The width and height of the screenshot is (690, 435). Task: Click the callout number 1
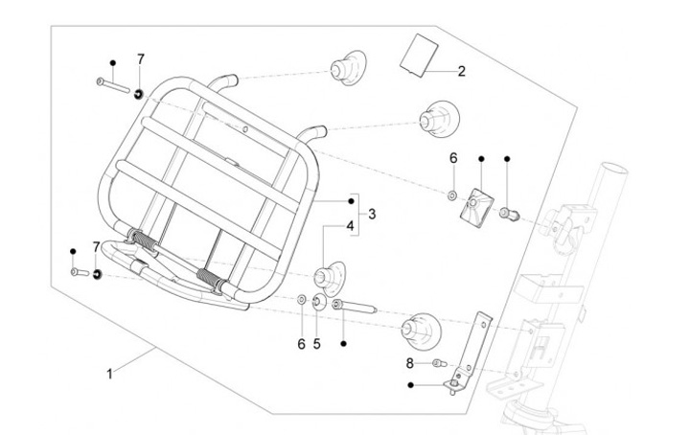coord(109,375)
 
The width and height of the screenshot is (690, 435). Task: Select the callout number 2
coord(461,71)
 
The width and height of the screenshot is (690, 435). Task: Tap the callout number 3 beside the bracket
coord(372,215)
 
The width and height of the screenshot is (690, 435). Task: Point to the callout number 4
coord(350,226)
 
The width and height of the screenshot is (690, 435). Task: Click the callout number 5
coord(317,344)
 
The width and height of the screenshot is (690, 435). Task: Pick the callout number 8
coord(410,363)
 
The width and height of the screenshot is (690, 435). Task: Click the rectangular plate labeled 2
coord(419,55)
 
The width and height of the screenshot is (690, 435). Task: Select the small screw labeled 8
coord(440,363)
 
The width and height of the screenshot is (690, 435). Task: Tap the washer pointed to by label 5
coord(318,302)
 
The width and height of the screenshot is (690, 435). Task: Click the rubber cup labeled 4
coord(329,278)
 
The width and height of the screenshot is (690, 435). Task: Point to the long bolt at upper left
coord(113,85)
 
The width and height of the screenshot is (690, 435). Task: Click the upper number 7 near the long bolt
coord(140,59)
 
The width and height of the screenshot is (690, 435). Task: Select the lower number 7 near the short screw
coord(96,247)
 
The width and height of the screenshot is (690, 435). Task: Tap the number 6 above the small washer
coord(453,158)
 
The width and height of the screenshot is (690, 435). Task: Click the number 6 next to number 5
coord(301,344)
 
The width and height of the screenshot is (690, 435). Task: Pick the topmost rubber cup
coord(349,68)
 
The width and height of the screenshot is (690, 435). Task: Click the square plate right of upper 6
coord(476,204)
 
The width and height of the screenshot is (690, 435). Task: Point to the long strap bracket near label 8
coord(473,352)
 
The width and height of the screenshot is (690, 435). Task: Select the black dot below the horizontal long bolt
coord(344,343)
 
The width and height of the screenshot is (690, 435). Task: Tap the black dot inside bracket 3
coord(351,201)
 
